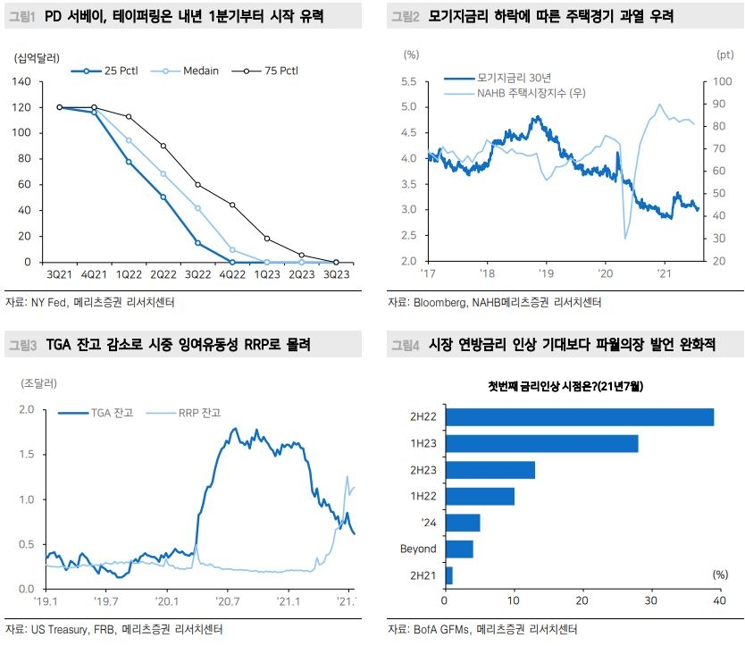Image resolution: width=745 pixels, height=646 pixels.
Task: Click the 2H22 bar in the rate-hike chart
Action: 579,417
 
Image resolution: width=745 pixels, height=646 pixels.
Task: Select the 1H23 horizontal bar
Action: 541,443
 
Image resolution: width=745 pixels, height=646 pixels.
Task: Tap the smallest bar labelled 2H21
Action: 448,575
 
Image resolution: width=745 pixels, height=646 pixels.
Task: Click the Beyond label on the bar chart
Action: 418,549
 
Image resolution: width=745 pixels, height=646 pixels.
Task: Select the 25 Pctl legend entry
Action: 117,70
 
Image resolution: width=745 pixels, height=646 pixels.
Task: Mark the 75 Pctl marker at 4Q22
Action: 232,205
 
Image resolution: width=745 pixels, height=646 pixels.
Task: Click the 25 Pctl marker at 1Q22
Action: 129,162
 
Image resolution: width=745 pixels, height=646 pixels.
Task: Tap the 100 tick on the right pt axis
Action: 714,81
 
